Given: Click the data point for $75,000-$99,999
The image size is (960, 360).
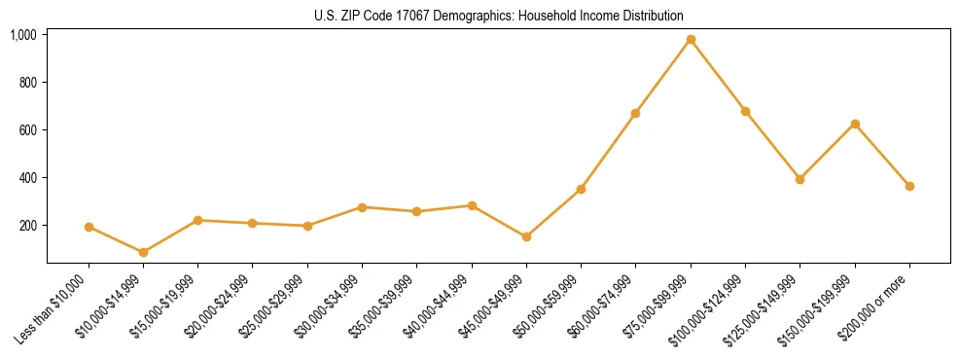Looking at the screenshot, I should [x=691, y=40].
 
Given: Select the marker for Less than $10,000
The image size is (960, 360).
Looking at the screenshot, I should [x=89, y=227].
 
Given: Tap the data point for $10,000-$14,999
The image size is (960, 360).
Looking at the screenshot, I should [x=143, y=252].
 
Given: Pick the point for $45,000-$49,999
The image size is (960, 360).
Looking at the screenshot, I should [x=526, y=236].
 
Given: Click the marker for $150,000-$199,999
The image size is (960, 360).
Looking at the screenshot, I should [x=855, y=124].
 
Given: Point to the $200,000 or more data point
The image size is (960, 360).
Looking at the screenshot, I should [x=909, y=186].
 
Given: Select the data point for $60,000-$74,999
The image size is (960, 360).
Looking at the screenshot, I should [x=635, y=114].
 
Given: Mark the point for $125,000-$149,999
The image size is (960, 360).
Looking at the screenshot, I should [x=800, y=179].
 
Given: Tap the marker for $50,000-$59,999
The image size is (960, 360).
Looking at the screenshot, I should [x=581, y=189].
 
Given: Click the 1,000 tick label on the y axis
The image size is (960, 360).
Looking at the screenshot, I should [x=23, y=35].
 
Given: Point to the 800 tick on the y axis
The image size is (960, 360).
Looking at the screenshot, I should [x=27, y=83].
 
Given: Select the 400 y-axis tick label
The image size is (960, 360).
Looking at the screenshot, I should [x=27, y=178].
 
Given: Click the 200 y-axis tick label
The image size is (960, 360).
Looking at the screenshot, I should [x=27, y=226].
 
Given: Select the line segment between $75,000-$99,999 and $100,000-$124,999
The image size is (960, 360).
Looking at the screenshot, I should [x=718, y=76].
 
